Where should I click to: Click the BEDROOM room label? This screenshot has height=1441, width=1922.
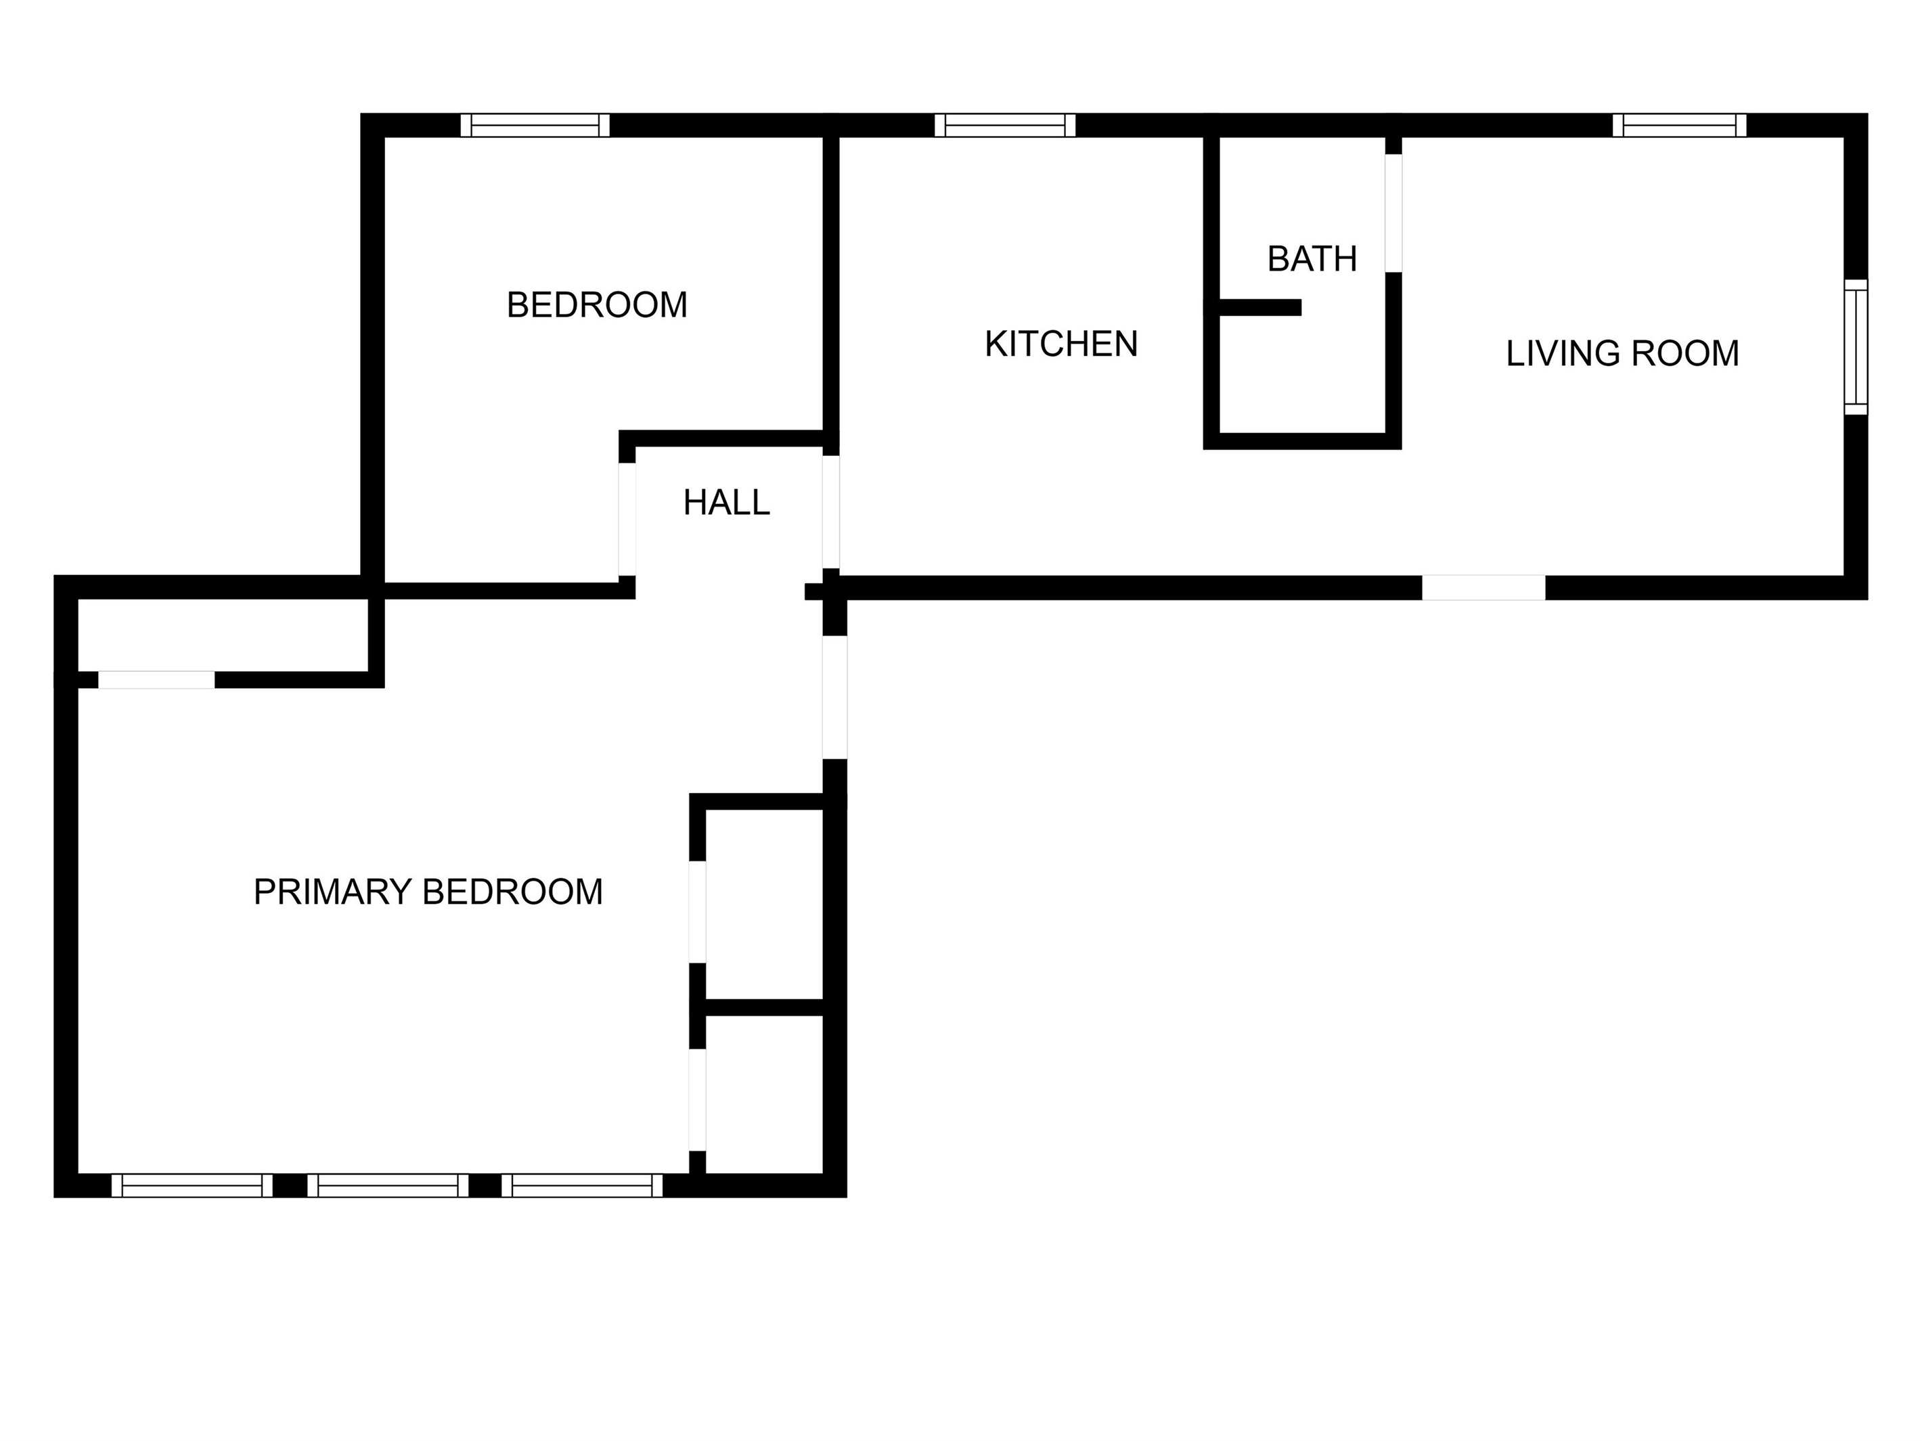[597, 305]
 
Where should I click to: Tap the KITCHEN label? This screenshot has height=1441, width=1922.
[1061, 344]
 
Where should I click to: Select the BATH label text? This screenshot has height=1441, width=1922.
[1312, 259]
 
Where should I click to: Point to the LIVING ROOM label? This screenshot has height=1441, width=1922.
[1622, 354]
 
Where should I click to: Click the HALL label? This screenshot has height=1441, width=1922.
[726, 502]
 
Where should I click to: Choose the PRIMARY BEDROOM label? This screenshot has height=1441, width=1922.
[428, 892]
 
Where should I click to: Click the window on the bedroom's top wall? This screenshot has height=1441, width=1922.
[535, 126]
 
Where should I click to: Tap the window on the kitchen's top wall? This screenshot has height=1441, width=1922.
[1005, 126]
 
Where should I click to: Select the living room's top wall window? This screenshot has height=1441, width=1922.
[1680, 126]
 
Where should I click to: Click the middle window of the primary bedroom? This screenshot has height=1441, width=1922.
[388, 1186]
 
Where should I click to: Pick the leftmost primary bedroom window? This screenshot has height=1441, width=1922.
[192, 1186]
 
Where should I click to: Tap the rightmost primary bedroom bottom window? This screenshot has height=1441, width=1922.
[582, 1186]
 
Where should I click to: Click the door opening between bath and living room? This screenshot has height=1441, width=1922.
[1393, 214]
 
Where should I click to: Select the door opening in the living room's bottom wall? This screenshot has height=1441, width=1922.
[1483, 588]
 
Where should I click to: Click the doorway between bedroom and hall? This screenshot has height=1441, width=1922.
[627, 520]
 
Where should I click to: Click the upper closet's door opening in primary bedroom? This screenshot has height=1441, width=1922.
[698, 912]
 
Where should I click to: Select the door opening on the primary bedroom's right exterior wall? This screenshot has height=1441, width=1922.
[835, 697]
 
